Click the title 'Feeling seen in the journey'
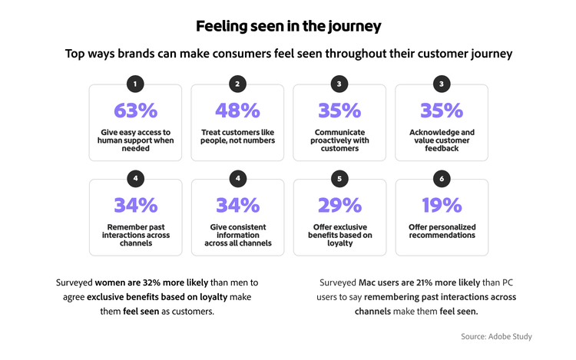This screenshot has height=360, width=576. [x=288, y=26]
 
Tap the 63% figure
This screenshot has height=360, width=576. [x=135, y=111]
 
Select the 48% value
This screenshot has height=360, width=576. [x=237, y=111]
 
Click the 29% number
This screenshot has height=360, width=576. [x=339, y=205]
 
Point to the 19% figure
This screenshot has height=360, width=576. [x=442, y=205]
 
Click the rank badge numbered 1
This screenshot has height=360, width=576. [x=135, y=84]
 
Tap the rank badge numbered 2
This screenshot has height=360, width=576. [x=237, y=84]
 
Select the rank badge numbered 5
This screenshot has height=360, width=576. [x=339, y=179]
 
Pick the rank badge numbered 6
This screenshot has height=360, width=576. [x=442, y=179]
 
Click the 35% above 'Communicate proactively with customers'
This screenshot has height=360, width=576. [x=339, y=111]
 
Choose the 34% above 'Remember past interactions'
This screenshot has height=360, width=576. [x=135, y=205]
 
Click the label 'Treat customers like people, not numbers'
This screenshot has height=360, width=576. [x=237, y=136]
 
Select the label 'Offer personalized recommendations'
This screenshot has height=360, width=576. [x=442, y=230]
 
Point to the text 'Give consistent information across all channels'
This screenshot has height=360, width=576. [x=237, y=235]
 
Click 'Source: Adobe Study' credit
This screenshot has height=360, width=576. [x=496, y=336]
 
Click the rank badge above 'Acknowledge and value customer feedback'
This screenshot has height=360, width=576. [x=442, y=84]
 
